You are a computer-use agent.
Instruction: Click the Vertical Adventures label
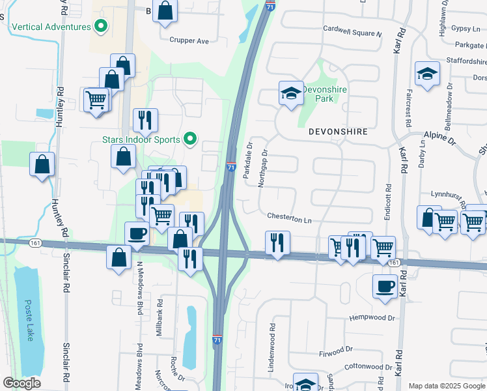pos(50,27)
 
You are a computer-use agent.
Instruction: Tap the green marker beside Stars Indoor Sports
pos(190,138)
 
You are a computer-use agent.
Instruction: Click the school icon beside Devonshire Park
pos(291,93)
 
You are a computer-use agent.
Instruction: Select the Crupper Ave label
pos(189,40)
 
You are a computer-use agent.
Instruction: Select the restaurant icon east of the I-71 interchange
pos(277,243)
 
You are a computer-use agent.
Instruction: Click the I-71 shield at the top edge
pos(270,5)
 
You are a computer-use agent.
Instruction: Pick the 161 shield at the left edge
pos(35,242)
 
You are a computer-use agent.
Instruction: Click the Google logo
pos(21,383)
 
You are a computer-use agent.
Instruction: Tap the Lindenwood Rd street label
pos(271,348)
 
